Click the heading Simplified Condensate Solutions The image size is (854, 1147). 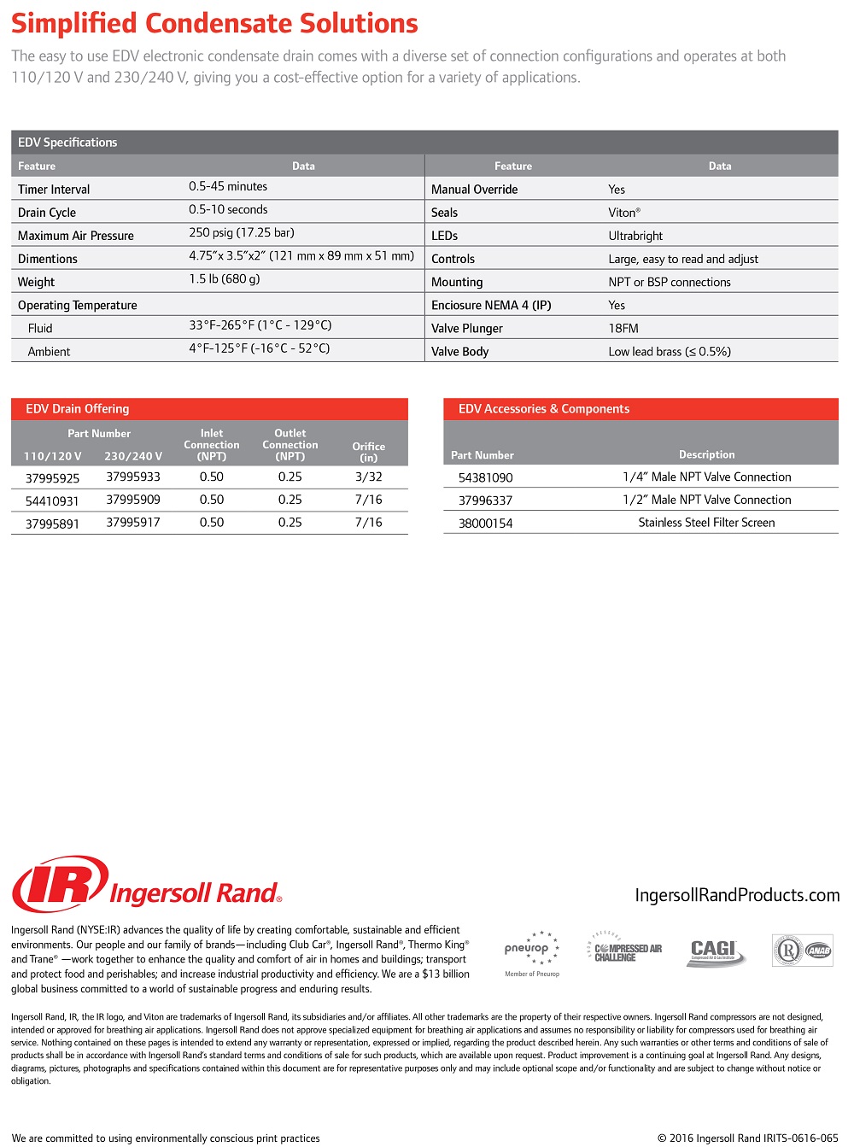click(214, 23)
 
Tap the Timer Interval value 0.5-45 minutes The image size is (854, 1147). click(228, 186)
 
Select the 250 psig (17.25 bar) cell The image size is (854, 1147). click(241, 232)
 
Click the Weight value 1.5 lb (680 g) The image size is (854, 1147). click(224, 278)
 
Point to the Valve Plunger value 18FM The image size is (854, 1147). click(623, 328)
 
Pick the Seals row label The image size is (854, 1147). click(444, 213)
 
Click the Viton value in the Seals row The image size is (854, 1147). click(623, 213)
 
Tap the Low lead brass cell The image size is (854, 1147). click(670, 351)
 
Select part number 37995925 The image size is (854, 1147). click(52, 478)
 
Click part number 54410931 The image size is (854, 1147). click(52, 501)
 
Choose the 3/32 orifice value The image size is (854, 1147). click(369, 477)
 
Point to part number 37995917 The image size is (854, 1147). click(133, 522)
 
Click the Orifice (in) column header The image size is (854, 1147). click(369, 452)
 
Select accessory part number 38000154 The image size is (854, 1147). click(485, 524)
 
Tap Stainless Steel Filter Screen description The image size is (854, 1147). click(706, 523)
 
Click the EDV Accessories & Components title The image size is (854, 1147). click(543, 409)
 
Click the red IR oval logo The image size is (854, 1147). click(60, 885)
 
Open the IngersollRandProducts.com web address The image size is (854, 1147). click(737, 895)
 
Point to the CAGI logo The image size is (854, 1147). click(716, 951)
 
